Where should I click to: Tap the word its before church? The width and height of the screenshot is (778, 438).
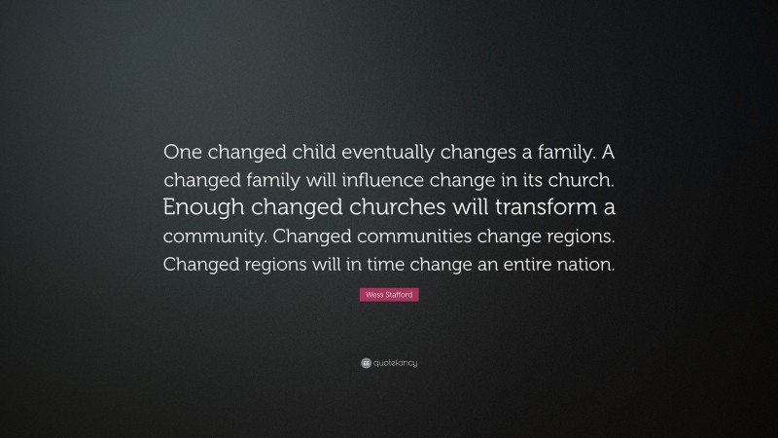532,180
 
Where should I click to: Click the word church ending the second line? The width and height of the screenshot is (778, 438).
581,180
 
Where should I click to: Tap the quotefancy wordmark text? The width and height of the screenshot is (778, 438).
394,363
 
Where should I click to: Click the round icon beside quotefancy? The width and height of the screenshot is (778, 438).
365,363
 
